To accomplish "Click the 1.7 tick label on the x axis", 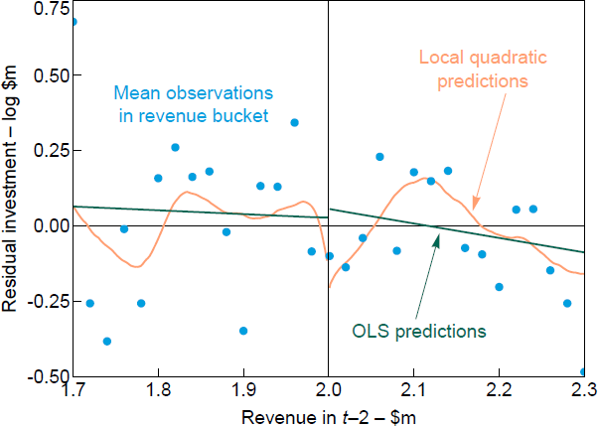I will coord(75,392).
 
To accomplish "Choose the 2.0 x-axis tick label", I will coord(328,392).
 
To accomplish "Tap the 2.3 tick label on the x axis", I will coord(582,392).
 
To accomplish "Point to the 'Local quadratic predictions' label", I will coord(473,69).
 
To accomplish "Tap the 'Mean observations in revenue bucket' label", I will coord(192,104).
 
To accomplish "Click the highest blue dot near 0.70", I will coord(74,21).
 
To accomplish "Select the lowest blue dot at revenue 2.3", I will coord(584,371).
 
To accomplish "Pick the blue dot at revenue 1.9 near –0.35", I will coord(243,331).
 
